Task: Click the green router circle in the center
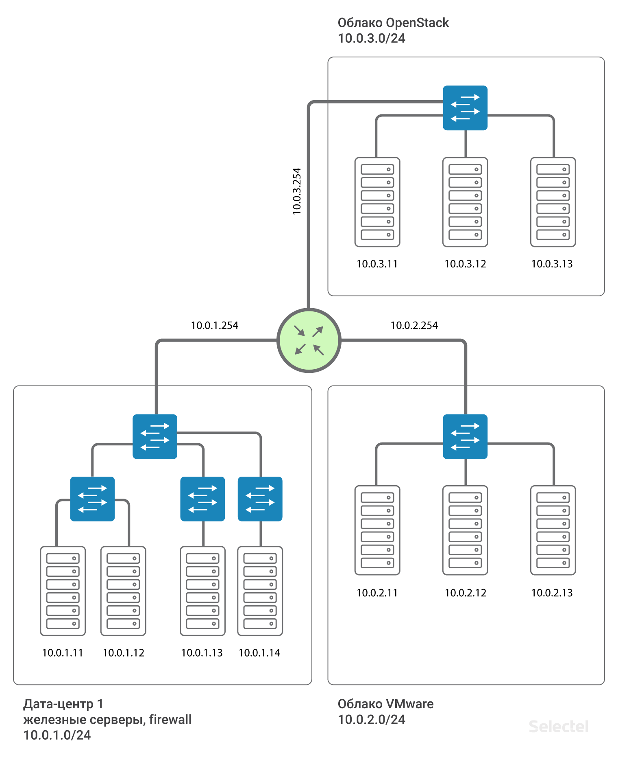309,340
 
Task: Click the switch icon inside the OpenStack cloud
465,108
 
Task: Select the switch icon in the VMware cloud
465,437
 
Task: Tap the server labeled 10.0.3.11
377,202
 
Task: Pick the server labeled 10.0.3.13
553,202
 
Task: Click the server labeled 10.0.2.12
465,530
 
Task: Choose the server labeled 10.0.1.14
260,591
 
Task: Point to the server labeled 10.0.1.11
63,591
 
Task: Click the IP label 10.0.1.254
215,326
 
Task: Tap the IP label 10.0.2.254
414,326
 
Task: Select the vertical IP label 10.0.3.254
297,191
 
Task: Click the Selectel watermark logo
559,727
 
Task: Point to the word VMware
409,704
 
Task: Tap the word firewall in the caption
170,720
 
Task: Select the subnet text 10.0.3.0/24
372,38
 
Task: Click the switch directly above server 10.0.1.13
202,499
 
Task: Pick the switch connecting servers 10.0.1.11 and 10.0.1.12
92,499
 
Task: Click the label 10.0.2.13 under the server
552,593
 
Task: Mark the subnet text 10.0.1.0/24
57,735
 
